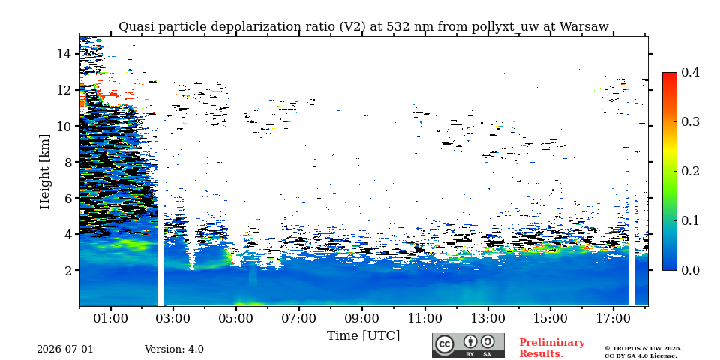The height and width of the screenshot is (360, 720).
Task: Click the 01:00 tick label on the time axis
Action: coord(111,318)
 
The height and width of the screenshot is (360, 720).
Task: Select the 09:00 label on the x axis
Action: coord(361,318)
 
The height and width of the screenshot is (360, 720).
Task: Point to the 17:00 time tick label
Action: coord(613,318)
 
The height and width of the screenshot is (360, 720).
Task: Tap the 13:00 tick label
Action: coord(487,318)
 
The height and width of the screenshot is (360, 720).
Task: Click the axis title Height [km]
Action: coord(44,172)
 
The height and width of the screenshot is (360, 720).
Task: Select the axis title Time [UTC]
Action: coord(363,336)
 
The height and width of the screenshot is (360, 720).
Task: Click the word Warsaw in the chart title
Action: coord(584,27)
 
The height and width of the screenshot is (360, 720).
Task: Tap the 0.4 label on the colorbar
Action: coord(690,72)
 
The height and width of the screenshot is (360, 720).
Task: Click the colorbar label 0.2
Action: coord(690,171)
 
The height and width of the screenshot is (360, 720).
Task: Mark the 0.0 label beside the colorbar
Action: coord(690,270)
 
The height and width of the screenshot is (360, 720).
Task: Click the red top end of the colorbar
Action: coord(670,74)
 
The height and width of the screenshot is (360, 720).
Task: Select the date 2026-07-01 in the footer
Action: coord(64,349)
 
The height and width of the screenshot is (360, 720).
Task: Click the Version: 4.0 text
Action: coord(174,349)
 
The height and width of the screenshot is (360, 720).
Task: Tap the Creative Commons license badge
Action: coord(468,345)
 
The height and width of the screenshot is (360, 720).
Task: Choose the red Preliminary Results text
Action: coord(552,347)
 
